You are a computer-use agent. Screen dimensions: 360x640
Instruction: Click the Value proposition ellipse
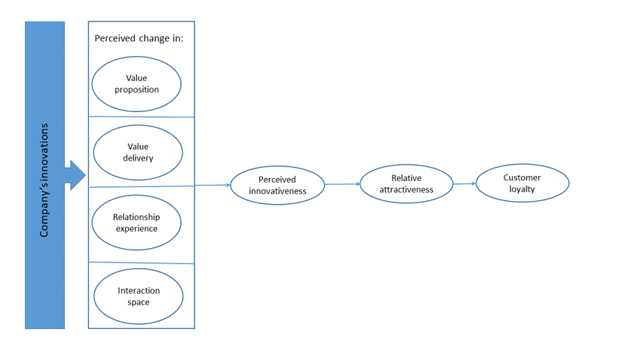136,84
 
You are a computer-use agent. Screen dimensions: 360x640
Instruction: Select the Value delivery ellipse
138,152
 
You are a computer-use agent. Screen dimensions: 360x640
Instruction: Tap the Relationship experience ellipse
136,222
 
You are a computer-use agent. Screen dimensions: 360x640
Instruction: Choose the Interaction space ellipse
138,297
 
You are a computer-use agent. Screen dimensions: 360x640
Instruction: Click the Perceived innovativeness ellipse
277,185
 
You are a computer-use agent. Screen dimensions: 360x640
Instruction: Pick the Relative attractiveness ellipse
406,183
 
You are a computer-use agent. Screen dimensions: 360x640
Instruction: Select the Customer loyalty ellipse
522,183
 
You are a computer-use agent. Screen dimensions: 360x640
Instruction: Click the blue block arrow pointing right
75,175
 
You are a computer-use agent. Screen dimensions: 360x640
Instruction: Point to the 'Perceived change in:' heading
139,38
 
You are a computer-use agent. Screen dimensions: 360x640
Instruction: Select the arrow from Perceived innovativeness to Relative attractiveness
342,184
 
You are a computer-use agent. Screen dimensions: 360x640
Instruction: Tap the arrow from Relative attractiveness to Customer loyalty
464,183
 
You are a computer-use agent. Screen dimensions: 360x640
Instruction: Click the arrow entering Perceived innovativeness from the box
214,186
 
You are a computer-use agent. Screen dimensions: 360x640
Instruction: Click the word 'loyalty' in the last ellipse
522,189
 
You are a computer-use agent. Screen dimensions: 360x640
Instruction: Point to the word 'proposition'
136,90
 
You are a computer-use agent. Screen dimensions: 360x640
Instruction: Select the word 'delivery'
138,158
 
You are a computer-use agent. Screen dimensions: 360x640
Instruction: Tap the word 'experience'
136,228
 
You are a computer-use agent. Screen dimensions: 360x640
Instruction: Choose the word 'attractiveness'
406,189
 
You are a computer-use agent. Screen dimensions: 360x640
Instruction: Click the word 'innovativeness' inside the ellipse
277,191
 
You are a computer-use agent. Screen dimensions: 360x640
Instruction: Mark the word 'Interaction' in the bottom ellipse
138,291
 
